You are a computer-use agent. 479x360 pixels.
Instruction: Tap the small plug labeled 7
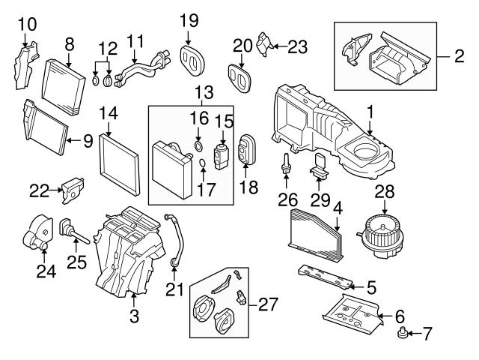(404, 331)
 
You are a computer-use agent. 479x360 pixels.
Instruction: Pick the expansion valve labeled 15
(222, 151)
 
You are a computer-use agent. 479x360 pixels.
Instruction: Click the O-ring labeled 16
(198, 144)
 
